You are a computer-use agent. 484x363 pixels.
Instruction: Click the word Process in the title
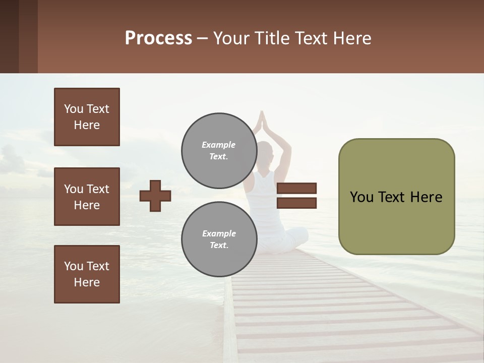point(158,38)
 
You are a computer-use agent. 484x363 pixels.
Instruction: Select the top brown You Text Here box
point(87,117)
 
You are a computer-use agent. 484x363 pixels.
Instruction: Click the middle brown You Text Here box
point(87,197)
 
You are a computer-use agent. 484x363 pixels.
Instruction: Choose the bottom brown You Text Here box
point(87,274)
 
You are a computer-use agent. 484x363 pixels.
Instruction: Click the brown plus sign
point(155,196)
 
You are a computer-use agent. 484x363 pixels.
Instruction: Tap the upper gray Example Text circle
point(219,150)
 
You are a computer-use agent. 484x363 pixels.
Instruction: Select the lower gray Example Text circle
point(219,239)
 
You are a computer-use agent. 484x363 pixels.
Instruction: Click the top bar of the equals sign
point(296,188)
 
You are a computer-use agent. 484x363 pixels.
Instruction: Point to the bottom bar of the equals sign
point(296,203)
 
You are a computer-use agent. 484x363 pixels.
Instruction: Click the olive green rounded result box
point(396,197)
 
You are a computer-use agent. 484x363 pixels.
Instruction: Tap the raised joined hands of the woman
point(261,121)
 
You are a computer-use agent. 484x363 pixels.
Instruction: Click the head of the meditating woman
point(265,151)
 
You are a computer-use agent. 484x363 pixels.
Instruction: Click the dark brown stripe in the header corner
point(9,36)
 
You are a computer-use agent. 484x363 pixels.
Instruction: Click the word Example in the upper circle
point(219,145)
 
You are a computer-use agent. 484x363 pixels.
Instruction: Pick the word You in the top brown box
point(74,109)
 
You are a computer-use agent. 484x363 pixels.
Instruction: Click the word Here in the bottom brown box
point(87,282)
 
